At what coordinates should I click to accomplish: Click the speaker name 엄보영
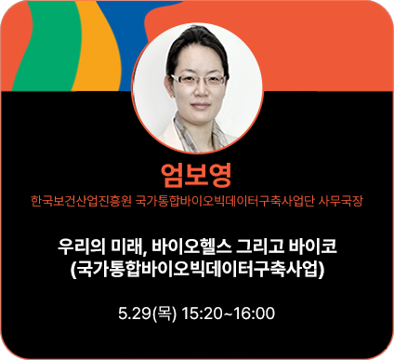click(195, 174)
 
